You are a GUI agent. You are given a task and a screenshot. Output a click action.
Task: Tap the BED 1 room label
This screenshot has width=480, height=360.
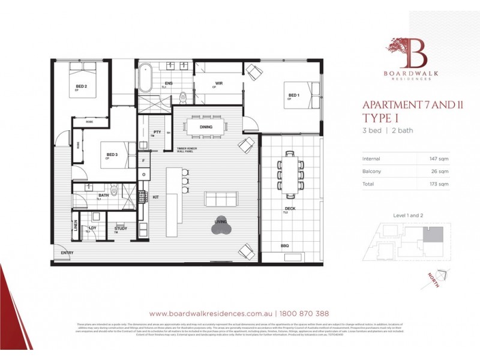click(293, 95)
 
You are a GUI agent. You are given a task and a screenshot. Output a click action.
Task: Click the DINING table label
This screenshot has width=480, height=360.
click(207, 127)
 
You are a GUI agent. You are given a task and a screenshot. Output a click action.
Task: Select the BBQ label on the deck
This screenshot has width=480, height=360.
click(284, 246)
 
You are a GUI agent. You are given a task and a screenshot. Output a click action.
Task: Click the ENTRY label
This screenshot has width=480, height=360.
click(67, 253)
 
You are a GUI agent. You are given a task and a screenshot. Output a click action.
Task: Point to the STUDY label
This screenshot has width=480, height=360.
click(121, 228)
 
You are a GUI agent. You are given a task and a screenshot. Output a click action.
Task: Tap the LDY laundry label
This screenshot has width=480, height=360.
click(92, 228)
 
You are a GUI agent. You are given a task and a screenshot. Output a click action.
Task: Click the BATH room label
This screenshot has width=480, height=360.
click(104, 194)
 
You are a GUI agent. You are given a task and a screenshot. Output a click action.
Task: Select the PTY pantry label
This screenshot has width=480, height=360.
click(157, 132)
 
